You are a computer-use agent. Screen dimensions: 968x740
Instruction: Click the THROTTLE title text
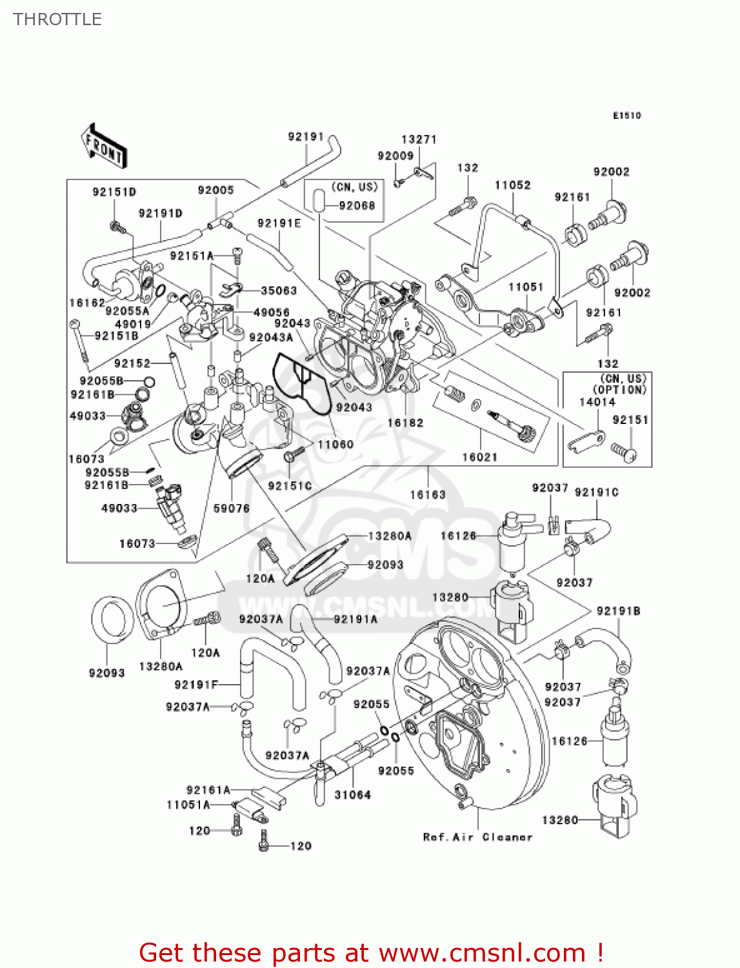click(x=57, y=19)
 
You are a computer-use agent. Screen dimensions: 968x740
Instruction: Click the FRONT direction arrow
click(x=103, y=146)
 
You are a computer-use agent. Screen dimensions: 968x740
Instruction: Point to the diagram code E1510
click(x=626, y=116)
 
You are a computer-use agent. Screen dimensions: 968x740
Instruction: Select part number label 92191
click(x=305, y=137)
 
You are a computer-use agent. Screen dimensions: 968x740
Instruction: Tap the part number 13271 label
click(x=419, y=139)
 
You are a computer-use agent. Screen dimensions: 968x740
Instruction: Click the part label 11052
click(x=512, y=185)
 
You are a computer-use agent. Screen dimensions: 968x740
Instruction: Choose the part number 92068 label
click(x=357, y=206)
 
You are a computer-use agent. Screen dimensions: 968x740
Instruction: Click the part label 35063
click(x=279, y=291)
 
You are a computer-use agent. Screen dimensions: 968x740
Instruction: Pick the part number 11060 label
click(x=335, y=444)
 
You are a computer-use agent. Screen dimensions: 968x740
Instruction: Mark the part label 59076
click(x=231, y=509)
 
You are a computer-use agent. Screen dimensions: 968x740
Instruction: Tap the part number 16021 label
click(x=479, y=457)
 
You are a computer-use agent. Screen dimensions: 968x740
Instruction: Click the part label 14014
click(x=597, y=402)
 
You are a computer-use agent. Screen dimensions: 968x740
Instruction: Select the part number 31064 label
click(x=352, y=795)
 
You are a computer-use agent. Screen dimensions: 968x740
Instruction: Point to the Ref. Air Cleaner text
click(x=477, y=837)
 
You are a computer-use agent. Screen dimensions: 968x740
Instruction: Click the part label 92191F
click(x=196, y=685)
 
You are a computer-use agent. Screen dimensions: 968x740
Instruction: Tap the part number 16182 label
click(x=405, y=423)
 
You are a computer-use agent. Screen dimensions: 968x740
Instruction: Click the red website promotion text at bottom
click(x=370, y=953)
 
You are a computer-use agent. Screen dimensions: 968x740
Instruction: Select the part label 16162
click(x=86, y=303)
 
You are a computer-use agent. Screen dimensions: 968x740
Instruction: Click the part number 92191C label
click(x=596, y=492)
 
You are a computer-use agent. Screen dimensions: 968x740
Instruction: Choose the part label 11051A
click(x=188, y=805)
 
